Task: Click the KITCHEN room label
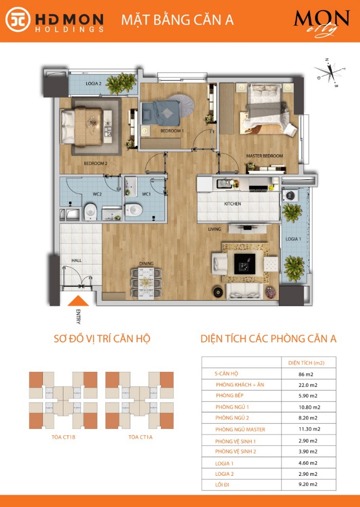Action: pos(232,203)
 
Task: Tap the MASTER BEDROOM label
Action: pos(264,156)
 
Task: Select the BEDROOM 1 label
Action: pos(172,131)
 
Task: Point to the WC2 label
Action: pos(97,194)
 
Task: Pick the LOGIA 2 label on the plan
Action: pos(93,84)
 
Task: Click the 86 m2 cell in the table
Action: pos(306,374)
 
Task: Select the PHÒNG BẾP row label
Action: pos(230,395)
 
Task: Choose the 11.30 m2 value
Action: pos(309,429)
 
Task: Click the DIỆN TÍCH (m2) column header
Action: pos(306,363)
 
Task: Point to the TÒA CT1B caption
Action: pos(63,437)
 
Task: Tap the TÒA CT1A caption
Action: pos(140,437)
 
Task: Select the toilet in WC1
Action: pos(134,209)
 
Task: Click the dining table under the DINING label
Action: pos(146,282)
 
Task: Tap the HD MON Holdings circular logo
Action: pos(18,20)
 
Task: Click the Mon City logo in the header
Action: pos(321,22)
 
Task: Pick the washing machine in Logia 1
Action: pos(289,195)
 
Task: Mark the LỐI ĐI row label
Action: pos(222,485)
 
